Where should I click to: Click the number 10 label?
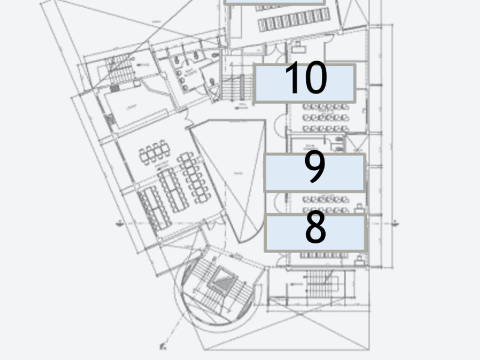[305, 83]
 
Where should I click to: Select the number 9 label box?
[314, 172]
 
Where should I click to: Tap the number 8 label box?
[315, 232]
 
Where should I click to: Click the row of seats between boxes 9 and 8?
[325, 199]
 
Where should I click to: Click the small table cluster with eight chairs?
[154, 152]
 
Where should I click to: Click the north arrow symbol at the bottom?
[163, 345]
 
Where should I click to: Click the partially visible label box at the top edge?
[274, 2]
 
